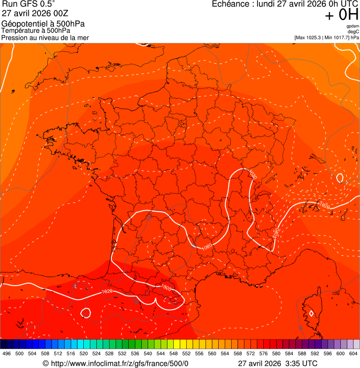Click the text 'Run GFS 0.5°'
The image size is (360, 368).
(28, 5)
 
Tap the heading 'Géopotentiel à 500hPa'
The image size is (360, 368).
(43, 24)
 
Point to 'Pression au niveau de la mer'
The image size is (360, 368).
(45, 37)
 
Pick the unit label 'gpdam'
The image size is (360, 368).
(353, 26)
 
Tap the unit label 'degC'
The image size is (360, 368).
(353, 32)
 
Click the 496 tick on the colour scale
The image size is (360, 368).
(7, 354)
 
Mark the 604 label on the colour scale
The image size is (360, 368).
(353, 354)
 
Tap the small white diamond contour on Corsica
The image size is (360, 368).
(311, 313)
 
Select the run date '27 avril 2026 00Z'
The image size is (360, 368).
(35, 14)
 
